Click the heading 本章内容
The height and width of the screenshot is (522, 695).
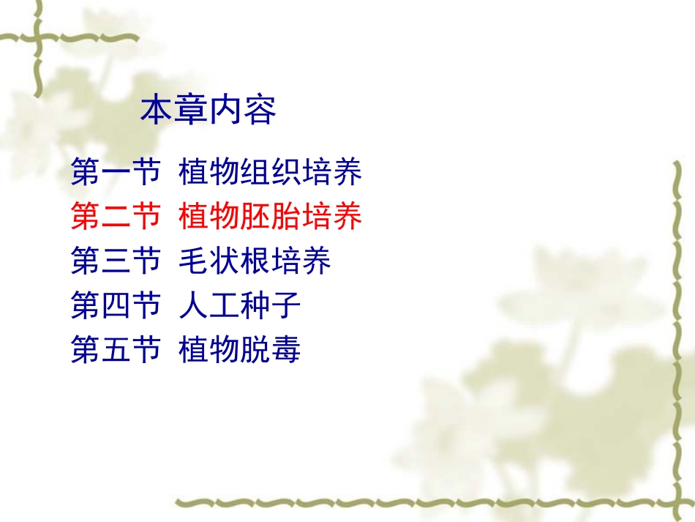[x=209, y=111]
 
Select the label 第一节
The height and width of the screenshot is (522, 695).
[x=116, y=174]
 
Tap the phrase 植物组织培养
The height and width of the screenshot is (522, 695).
[x=271, y=174]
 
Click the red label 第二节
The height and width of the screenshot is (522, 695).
[x=116, y=217]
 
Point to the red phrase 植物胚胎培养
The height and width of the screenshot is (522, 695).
[x=271, y=217]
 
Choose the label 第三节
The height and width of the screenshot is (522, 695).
[x=116, y=261]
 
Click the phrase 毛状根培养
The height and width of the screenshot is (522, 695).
[x=255, y=261]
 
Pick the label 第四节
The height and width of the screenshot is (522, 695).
[x=116, y=305]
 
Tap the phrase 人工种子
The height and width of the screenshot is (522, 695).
[x=240, y=305]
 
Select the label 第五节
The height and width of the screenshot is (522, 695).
[x=116, y=349]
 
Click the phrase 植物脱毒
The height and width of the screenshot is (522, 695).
[x=240, y=349]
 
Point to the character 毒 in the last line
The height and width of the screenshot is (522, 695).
[x=286, y=349]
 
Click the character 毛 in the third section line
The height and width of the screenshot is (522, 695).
[x=194, y=261]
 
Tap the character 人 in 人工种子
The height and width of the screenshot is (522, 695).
[x=194, y=305]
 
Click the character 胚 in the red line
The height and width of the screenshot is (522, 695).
[x=255, y=217]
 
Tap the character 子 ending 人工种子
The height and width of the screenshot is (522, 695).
[x=286, y=305]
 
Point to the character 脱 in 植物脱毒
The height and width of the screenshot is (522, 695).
[x=255, y=349]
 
